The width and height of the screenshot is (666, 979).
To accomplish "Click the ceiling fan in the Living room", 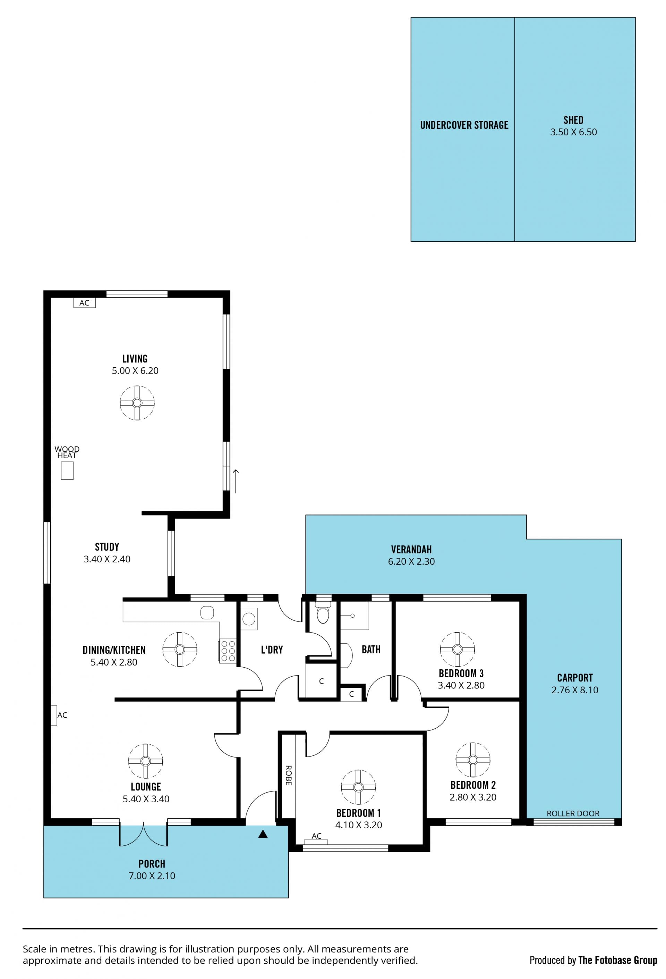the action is pos(137,403).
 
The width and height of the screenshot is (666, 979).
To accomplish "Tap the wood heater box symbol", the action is pos(67,470).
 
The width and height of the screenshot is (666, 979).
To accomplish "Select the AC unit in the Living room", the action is pos(84,302).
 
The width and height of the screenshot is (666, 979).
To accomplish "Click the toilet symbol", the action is pos(323,614).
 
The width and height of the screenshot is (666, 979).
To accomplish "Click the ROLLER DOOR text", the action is pos(573,813).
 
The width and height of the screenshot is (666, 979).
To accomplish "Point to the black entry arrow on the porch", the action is pos(263,834).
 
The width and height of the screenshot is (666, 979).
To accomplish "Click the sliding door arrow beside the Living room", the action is pos(236,481).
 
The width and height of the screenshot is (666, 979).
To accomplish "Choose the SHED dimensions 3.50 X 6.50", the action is pos(573,132).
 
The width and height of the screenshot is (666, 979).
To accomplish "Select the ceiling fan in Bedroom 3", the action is pos(457,649).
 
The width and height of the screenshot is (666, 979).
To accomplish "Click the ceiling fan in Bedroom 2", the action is pos(472,760).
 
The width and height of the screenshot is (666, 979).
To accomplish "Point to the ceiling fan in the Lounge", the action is pos(145,761).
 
